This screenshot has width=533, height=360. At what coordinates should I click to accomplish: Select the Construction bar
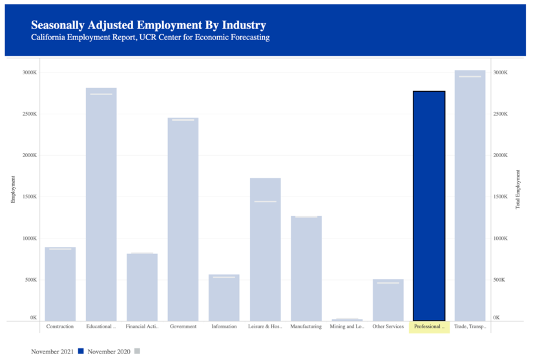tap(60, 284)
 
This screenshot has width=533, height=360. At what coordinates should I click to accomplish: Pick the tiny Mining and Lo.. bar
tap(347, 319)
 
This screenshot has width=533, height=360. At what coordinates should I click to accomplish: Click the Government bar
tap(183, 219)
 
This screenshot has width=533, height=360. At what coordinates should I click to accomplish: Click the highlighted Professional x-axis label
tap(429, 326)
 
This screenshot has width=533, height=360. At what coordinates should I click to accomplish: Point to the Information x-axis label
tap(224, 326)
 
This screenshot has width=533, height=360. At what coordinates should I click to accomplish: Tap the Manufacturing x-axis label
tap(306, 326)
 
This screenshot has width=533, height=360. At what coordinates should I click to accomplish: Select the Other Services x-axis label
tap(388, 326)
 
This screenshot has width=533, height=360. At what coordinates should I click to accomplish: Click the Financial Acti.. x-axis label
tap(142, 326)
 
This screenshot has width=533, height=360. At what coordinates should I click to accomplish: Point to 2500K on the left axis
tap(29, 114)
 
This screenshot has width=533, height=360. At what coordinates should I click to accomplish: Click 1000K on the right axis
tap(502, 238)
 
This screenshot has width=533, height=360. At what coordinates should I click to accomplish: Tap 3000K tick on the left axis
tap(29, 72)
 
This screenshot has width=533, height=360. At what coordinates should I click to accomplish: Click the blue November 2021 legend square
tap(81, 351)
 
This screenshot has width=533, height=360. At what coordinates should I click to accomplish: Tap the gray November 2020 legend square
tap(136, 351)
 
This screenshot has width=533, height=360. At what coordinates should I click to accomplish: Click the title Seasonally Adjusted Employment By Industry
tap(148, 25)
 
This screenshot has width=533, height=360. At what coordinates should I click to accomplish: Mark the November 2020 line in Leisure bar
tap(265, 202)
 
